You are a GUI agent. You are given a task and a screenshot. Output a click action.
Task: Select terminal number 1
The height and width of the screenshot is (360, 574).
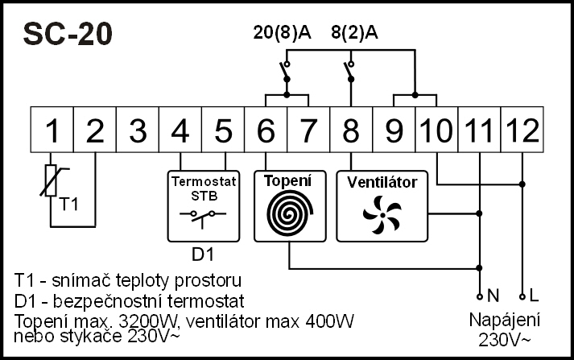point(52,129)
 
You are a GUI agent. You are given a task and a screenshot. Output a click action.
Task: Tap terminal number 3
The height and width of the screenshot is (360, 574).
point(138,129)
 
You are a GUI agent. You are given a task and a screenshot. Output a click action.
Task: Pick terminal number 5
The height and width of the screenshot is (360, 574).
point(224,129)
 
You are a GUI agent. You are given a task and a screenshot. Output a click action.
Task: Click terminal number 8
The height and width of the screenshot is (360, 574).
point(351,129)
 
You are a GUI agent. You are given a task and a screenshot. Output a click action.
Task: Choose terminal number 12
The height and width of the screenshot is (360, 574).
point(522,129)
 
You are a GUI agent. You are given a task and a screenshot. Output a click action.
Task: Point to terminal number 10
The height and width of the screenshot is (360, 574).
point(436,129)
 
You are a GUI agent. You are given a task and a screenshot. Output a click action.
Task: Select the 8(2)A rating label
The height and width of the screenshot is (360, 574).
point(354,33)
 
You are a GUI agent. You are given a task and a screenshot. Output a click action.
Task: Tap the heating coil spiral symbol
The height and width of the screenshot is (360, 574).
point(287,213)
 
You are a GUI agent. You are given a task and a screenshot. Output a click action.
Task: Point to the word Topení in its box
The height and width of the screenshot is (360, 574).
point(287,180)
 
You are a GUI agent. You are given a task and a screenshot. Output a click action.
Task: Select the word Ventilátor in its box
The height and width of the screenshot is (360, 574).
point(382,182)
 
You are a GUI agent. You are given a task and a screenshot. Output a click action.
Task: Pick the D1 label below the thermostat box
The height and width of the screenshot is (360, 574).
point(202,255)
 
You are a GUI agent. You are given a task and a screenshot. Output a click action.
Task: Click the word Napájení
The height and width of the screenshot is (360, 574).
point(505,320)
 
